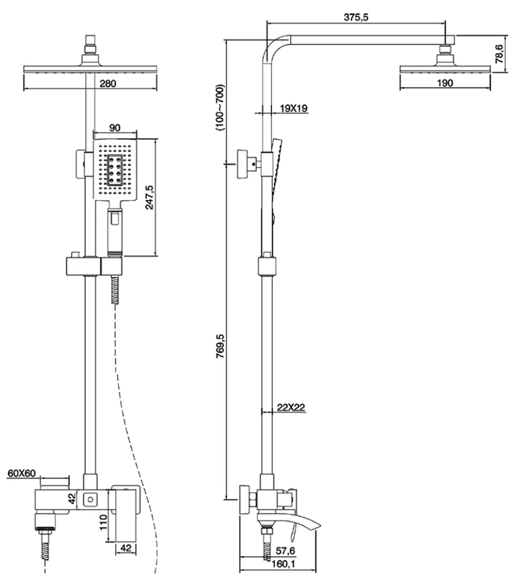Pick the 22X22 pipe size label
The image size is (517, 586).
pyautogui.click(x=291, y=408)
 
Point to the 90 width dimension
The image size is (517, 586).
pyautogui.click(x=114, y=128)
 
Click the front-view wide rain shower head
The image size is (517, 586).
pyautogui.click(x=90, y=69)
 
